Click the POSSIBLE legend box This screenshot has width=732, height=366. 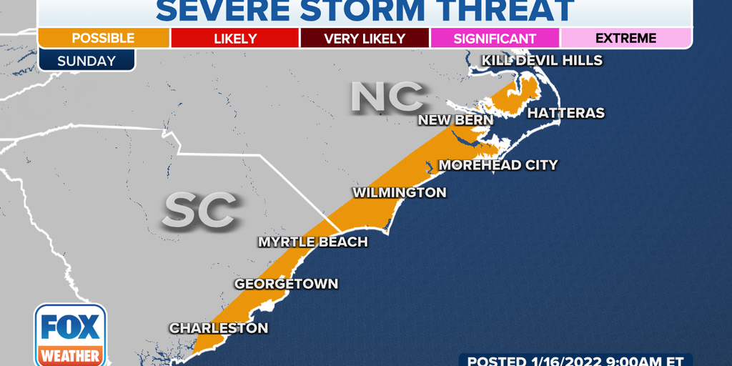[103, 38]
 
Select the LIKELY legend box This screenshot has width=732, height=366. [234, 38]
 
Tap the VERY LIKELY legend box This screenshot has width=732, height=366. [365, 38]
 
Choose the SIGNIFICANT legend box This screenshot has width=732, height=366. [495, 38]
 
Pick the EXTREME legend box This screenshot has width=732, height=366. [626, 38]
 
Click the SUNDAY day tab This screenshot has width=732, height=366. [86, 61]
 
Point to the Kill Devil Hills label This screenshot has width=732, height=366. [543, 60]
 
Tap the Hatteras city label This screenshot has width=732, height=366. [565, 113]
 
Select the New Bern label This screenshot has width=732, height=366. [455, 119]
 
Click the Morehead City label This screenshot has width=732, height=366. [498, 165]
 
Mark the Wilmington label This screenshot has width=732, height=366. [399, 192]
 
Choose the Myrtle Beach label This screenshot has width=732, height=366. [312, 242]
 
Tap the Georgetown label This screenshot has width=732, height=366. [286, 284]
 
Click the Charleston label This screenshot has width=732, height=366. [219, 328]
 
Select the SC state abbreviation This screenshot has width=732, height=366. [200, 210]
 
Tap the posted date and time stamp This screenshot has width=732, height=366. [575, 360]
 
